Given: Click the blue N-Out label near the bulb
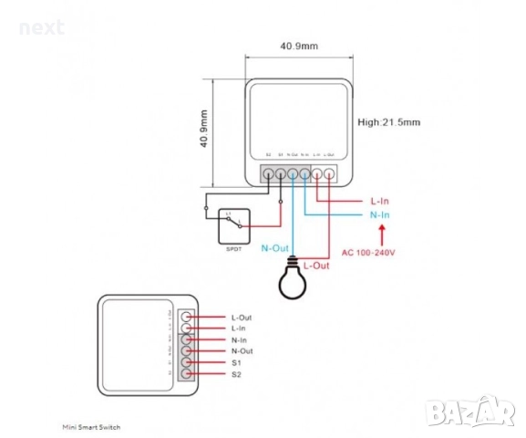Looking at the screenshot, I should [x=275, y=247].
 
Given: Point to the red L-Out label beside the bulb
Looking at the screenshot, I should [x=315, y=265].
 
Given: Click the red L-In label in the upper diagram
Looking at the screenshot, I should [x=380, y=200].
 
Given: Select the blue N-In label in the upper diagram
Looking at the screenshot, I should [x=380, y=215].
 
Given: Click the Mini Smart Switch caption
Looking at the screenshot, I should [x=91, y=426].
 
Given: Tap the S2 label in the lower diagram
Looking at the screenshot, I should [x=236, y=374].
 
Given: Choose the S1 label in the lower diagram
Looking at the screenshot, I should [x=236, y=362].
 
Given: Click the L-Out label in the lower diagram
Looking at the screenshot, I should [x=241, y=318].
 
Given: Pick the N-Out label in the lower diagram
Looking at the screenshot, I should [x=241, y=351].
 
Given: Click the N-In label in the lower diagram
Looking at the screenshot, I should [x=239, y=339].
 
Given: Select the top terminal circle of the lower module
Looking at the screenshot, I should [x=186, y=317].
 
